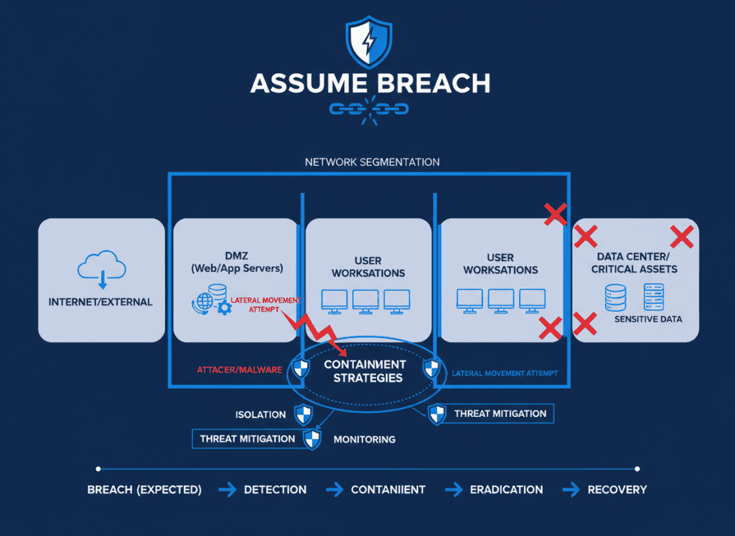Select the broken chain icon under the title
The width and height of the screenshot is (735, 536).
pos(368,110)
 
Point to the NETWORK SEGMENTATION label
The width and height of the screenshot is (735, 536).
pos(373,162)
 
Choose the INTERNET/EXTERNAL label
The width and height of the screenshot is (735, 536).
pos(100,302)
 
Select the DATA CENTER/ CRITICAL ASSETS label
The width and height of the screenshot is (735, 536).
pos(634,263)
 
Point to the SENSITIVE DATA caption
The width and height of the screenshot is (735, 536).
pos(648,319)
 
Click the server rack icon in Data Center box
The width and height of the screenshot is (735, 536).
pos(654,296)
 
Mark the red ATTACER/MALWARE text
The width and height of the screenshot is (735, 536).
pos(240,370)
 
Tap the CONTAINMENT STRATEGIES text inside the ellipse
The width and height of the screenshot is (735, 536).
pos(365,371)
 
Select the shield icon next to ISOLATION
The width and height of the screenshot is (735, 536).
pos(305,414)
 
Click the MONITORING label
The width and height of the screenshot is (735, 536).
pos(365,439)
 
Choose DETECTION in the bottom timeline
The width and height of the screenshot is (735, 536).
pos(275,489)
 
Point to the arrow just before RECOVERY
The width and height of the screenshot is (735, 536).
pos(571,489)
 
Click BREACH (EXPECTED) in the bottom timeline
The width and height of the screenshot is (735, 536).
pos(144,489)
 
